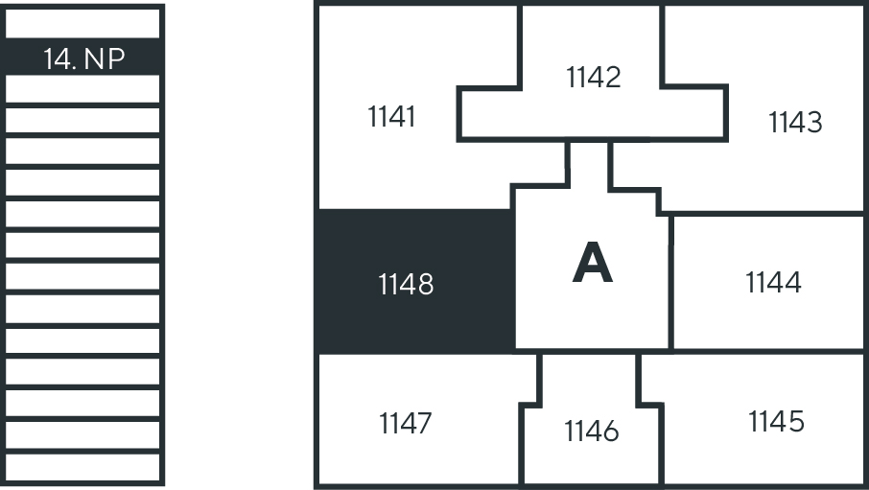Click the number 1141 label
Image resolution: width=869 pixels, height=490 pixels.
click(x=391, y=117)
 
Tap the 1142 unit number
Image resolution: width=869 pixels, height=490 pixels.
click(x=594, y=77)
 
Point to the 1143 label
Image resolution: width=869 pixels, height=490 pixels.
click(x=795, y=123)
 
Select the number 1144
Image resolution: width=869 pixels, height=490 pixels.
click(x=773, y=283)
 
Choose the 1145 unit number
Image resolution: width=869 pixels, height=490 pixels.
click(x=775, y=421)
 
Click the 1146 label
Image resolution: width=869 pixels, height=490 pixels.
click(x=592, y=432)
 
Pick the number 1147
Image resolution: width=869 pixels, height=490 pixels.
click(x=405, y=423)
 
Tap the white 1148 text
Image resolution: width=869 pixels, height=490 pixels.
click(x=406, y=284)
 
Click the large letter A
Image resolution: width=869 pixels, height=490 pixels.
click(x=592, y=264)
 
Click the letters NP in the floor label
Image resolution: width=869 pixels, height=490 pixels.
click(x=105, y=59)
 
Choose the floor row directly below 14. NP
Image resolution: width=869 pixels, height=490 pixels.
click(x=82, y=89)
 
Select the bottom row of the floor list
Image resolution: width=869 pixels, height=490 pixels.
click(x=82, y=467)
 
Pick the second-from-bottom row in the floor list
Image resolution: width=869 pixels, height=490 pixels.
click(x=82, y=435)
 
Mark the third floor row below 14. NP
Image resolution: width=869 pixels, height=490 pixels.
click(x=82, y=152)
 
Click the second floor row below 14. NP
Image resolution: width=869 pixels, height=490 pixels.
click(x=82, y=120)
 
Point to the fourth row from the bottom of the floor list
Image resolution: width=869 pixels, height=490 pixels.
click(x=82, y=372)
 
